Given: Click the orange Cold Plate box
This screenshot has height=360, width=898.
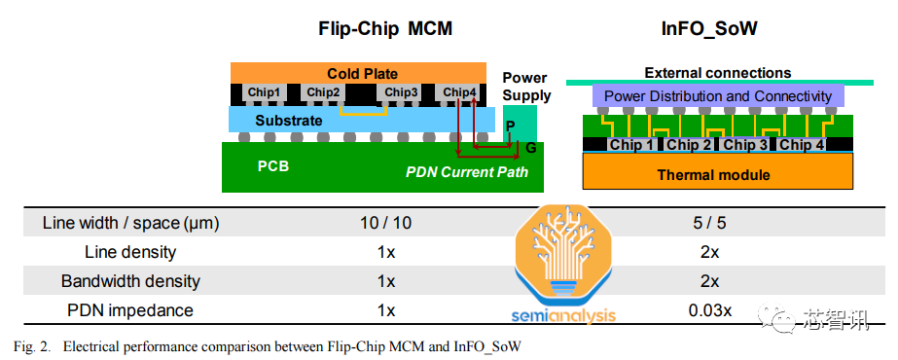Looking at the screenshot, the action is (x=358, y=73).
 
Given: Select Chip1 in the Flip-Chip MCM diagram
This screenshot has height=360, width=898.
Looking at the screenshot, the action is (x=265, y=92).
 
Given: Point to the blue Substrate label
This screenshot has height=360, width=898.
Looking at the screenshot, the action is (x=289, y=121).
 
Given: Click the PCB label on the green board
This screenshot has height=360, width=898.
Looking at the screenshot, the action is (x=272, y=166).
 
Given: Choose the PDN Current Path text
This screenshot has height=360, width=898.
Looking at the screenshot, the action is (x=467, y=171).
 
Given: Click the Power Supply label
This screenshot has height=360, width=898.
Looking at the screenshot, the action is (x=525, y=87).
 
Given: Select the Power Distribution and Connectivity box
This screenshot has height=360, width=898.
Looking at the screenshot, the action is (x=718, y=95).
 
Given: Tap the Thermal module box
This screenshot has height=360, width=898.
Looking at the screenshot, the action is (x=718, y=171).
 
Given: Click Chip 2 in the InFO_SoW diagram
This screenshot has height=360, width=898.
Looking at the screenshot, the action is (x=689, y=145).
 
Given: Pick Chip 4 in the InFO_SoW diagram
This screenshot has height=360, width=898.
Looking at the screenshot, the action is (x=802, y=145).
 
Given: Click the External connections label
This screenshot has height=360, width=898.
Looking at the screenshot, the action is (x=718, y=73).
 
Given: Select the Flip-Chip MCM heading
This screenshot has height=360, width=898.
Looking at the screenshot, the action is (x=385, y=28).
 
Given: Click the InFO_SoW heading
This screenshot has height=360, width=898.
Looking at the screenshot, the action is (x=709, y=28).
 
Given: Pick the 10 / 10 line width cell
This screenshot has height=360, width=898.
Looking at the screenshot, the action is (x=386, y=223).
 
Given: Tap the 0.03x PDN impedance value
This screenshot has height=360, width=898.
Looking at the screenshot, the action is (x=709, y=310).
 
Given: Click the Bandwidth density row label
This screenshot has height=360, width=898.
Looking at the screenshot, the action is (x=130, y=281).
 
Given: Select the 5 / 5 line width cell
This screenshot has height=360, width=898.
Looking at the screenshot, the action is (x=709, y=223).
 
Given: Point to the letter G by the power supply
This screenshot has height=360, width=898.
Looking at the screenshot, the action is (x=531, y=148).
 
